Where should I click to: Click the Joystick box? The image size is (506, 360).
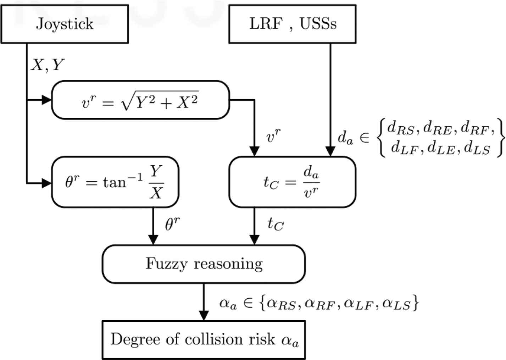65,24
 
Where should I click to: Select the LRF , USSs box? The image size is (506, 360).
292,24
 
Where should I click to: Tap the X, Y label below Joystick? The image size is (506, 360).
48,65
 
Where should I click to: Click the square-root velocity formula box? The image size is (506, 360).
140,100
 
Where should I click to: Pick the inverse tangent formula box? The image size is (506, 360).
115,182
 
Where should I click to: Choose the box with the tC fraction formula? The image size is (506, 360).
292,182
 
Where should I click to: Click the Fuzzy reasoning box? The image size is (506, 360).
204,264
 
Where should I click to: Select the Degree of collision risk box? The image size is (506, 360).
204,340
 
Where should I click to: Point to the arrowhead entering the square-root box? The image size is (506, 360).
47,100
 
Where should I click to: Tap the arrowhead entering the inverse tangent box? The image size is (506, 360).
47,183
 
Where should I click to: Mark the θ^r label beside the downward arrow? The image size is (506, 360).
173,224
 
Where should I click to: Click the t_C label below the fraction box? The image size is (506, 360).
276,224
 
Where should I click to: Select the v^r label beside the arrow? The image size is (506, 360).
273,136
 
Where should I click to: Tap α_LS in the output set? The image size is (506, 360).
396,304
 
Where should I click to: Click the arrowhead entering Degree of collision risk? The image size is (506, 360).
204,316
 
